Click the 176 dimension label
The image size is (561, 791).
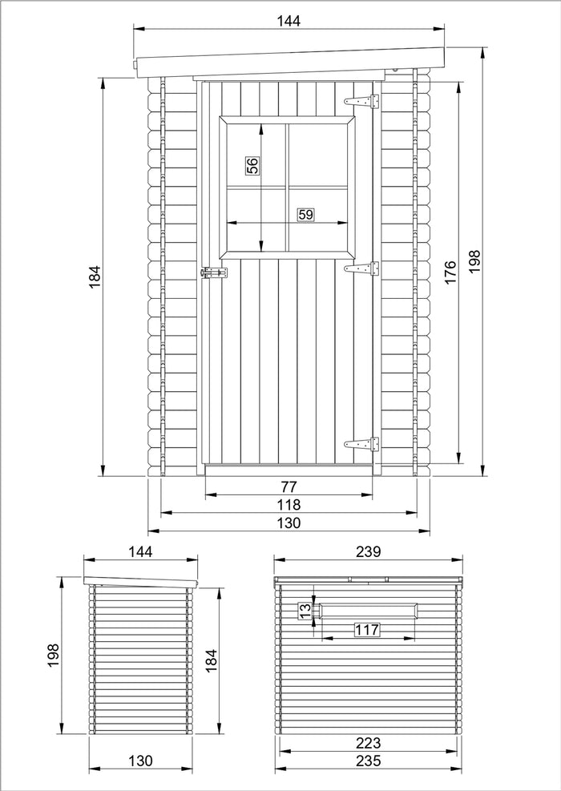[450, 272]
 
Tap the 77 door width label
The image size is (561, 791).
[289, 486]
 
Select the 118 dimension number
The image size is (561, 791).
[289, 505]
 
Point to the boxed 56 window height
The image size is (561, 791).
[252, 166]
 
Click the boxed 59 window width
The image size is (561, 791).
[305, 214]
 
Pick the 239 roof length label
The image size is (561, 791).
[368, 551]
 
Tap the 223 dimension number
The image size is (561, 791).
[369, 743]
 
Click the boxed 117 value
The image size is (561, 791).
[367, 630]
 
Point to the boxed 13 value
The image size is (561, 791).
[305, 611]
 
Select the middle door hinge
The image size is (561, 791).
[361, 268]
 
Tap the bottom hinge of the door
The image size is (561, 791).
[361, 443]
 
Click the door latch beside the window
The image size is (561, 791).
[213, 273]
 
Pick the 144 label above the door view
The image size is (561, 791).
[289, 22]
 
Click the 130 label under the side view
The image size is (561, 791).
[139, 761]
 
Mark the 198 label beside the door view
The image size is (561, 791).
[474, 262]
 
